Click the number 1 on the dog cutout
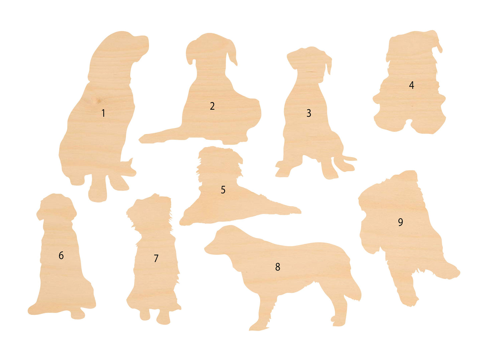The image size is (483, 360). point(103,113)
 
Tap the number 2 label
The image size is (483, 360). point(212,106)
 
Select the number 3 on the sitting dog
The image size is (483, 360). point(309,113)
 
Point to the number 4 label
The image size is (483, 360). point(411,85)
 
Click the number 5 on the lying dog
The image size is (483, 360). point(223,190)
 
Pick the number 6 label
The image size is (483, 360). point(61,255)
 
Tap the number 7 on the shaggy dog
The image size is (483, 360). point(156,258)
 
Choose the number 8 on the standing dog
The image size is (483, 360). point(278,267)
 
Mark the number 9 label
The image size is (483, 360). point(400,222)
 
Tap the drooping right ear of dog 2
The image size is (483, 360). point(232,53)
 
